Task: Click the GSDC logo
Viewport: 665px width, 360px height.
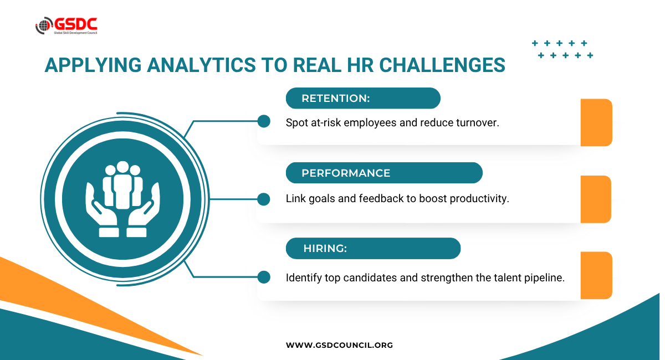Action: [x=66, y=25]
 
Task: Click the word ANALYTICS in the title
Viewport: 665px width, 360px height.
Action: [x=201, y=65]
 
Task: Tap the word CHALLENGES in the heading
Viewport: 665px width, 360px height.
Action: [x=442, y=65]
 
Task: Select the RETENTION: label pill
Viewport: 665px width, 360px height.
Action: [x=363, y=98]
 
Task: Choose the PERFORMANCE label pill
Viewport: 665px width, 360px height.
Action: [x=384, y=173]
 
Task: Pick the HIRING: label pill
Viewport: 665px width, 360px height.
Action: [x=373, y=249]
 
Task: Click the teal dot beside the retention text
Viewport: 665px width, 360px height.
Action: [x=264, y=121]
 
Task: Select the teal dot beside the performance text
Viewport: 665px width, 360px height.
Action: [x=264, y=199]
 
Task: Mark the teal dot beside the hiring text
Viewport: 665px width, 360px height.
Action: [x=264, y=277]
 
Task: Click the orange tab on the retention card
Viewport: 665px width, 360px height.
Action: [x=596, y=122]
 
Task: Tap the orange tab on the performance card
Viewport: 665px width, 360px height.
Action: [x=596, y=199]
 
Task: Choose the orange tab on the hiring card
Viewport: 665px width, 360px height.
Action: [x=596, y=275]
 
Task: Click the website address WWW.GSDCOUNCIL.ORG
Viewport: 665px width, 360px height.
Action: [x=339, y=345]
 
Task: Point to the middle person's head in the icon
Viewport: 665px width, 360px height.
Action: [x=122, y=167]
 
